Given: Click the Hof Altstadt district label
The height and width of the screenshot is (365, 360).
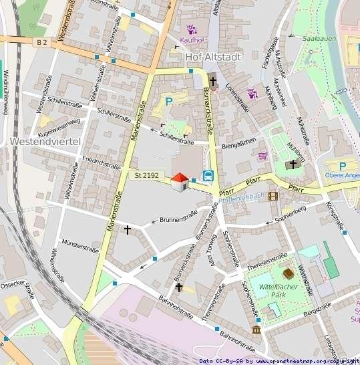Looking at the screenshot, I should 216,57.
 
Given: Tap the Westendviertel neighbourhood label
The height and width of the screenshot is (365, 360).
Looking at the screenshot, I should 45,142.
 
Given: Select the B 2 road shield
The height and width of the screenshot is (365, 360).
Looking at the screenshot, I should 42,41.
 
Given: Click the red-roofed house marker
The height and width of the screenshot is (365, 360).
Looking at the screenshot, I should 180,181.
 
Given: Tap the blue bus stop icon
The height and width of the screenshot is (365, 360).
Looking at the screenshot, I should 208,177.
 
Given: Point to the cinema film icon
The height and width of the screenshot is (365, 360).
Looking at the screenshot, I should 273,196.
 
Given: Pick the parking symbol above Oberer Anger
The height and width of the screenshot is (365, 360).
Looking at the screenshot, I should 343,166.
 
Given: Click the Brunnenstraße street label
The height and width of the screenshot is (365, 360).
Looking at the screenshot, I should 179,217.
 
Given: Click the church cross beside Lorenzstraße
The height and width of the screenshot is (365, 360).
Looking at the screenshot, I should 213,82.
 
